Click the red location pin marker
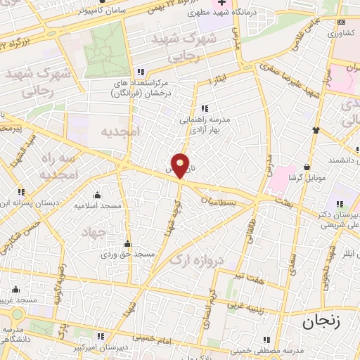(x=181, y=165)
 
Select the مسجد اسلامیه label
(x=96, y=207)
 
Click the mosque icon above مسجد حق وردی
(x=127, y=243)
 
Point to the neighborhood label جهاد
(x=93, y=231)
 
